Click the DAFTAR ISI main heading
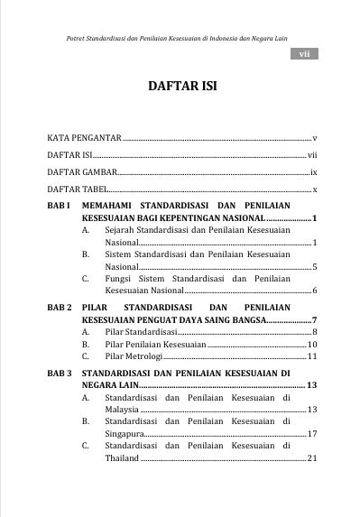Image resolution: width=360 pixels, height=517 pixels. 180,88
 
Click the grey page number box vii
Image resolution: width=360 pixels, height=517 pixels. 304,55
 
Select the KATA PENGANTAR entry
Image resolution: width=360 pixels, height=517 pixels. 84,138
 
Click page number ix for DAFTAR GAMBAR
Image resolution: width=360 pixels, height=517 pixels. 312,171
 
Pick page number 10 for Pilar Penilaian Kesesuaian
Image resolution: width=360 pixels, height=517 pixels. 311,345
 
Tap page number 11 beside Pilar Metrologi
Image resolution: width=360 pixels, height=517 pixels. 311,357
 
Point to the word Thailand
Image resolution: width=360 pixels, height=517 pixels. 122,458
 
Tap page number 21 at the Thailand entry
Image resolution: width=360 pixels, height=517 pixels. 311,458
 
